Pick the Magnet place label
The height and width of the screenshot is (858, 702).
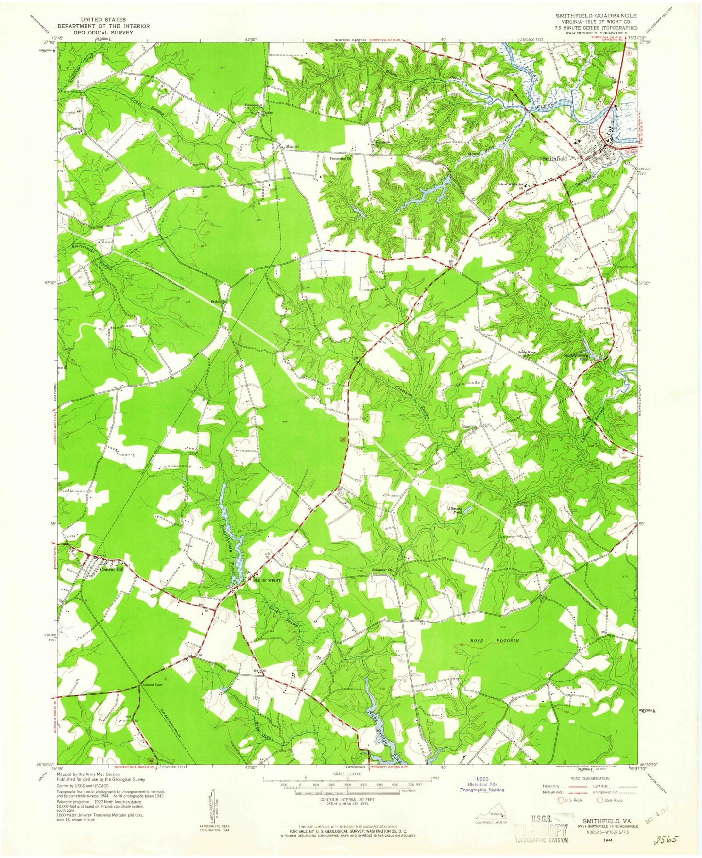point(292,146)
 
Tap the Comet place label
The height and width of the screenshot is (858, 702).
point(76,128)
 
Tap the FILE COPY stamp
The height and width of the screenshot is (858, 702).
point(540,829)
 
